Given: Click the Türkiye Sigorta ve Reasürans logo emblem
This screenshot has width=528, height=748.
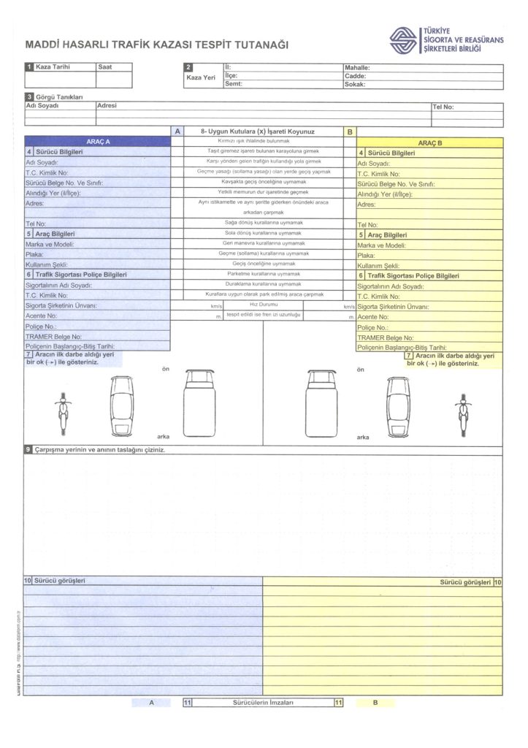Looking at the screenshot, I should [404, 41].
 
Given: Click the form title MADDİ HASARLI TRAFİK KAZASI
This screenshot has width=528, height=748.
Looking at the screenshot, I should [156, 45].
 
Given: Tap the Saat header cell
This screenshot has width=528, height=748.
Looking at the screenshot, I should [105, 66].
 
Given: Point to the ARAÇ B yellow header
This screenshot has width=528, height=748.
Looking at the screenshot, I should [429, 142].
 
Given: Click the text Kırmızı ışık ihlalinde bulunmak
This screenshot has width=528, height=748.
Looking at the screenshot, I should [254, 140].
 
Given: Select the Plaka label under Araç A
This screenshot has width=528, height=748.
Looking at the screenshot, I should [35, 255].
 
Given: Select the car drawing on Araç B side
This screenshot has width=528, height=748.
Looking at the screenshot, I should [398, 405].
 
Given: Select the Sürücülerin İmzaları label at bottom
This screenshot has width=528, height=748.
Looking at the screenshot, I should [263, 702].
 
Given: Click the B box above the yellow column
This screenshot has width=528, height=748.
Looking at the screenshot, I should [350, 131].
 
